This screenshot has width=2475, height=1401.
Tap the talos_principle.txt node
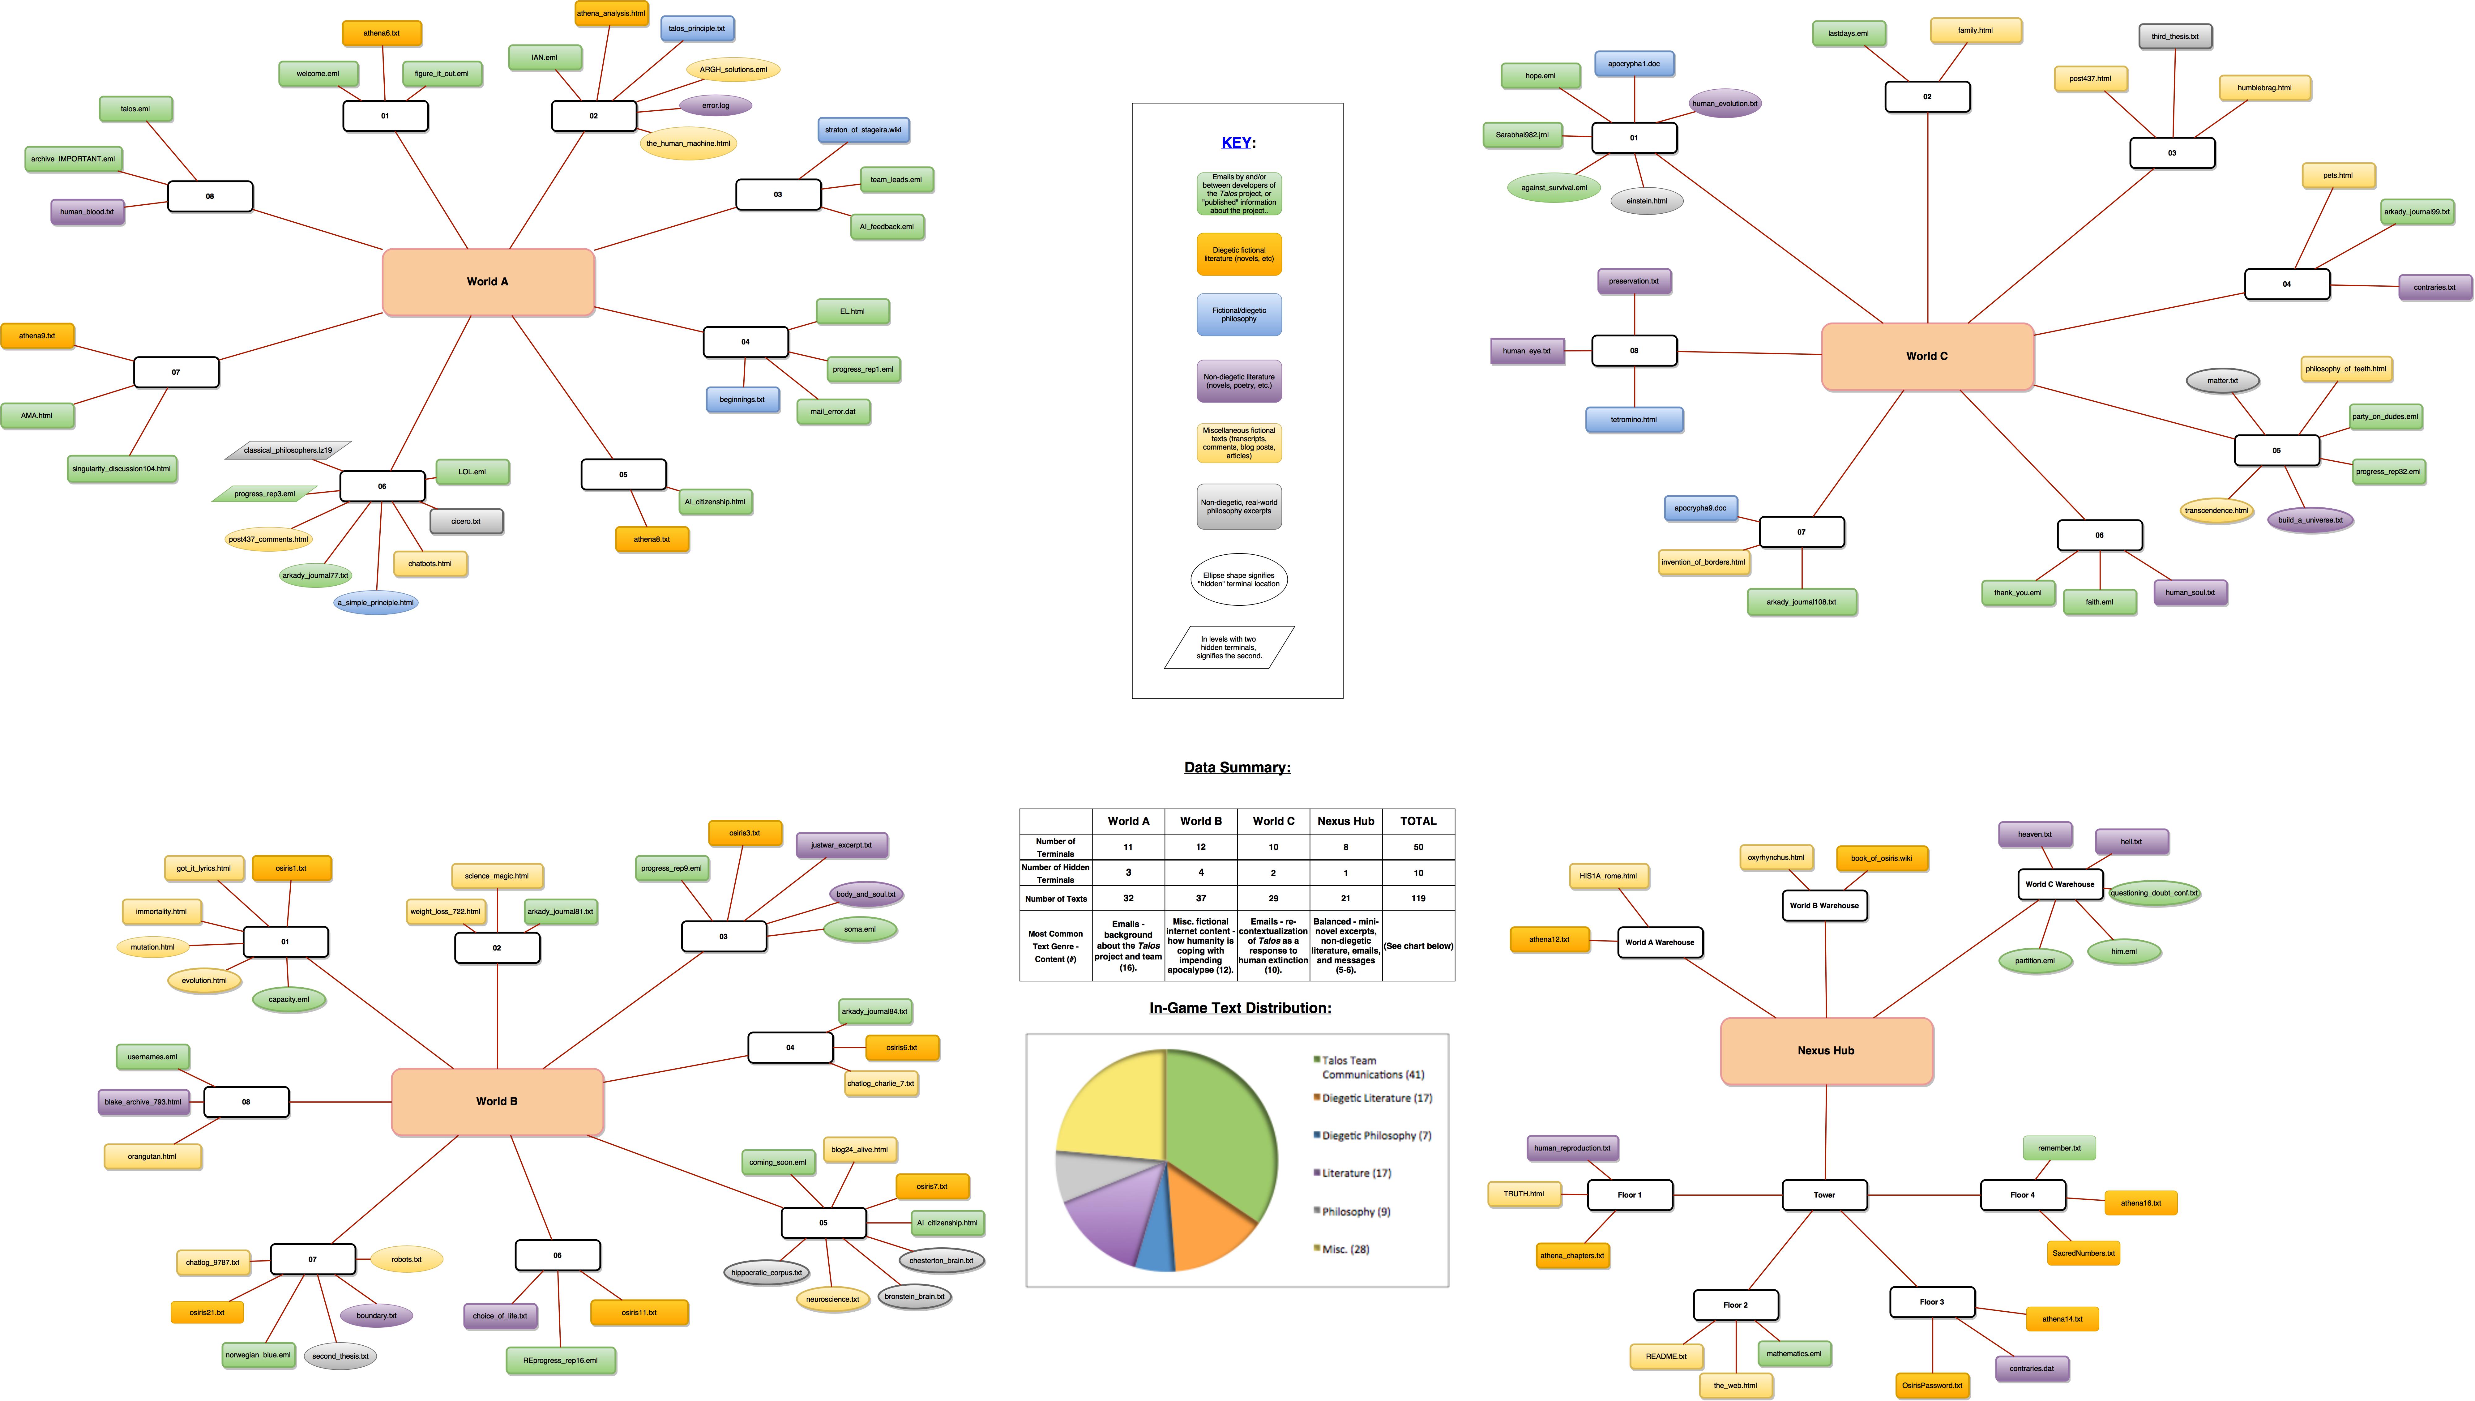click(x=697, y=29)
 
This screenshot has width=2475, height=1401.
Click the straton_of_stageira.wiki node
click(x=863, y=130)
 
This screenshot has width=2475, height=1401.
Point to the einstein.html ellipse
click(x=1647, y=201)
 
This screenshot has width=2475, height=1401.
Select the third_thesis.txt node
click(x=2175, y=36)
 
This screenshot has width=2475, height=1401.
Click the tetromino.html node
click(x=1634, y=420)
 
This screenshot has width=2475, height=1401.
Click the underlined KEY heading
click(x=1237, y=143)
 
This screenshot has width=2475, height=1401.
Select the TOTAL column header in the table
click(x=1417, y=821)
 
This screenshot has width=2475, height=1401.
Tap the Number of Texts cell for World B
click(x=1201, y=898)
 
